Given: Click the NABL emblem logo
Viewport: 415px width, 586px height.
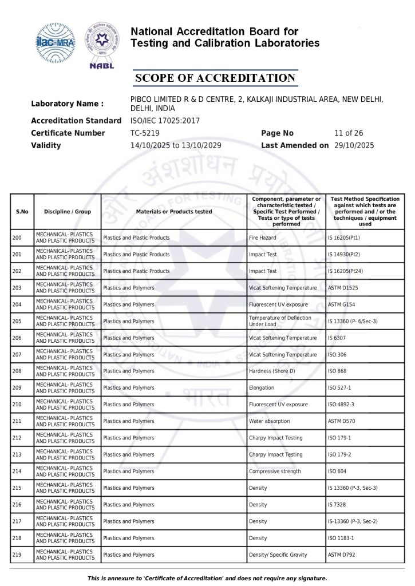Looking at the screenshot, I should [x=102, y=44].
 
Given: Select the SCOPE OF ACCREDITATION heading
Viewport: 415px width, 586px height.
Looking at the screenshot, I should [x=215, y=78].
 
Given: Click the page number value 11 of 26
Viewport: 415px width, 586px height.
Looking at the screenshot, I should [x=347, y=133].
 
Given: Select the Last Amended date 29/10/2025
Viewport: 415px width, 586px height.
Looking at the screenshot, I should [x=354, y=145].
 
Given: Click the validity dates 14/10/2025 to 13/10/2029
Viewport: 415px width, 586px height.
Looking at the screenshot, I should [x=176, y=145].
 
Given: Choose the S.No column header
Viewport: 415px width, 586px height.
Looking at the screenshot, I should [x=22, y=212].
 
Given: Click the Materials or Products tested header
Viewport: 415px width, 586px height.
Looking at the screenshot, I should [x=174, y=212].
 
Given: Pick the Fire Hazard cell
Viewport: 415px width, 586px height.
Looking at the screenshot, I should [x=264, y=237].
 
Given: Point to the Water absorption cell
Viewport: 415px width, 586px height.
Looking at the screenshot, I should [x=270, y=421].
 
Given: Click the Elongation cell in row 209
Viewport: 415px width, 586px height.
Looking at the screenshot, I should [x=262, y=388].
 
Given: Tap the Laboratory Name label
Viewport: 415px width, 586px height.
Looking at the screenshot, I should [x=67, y=104].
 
